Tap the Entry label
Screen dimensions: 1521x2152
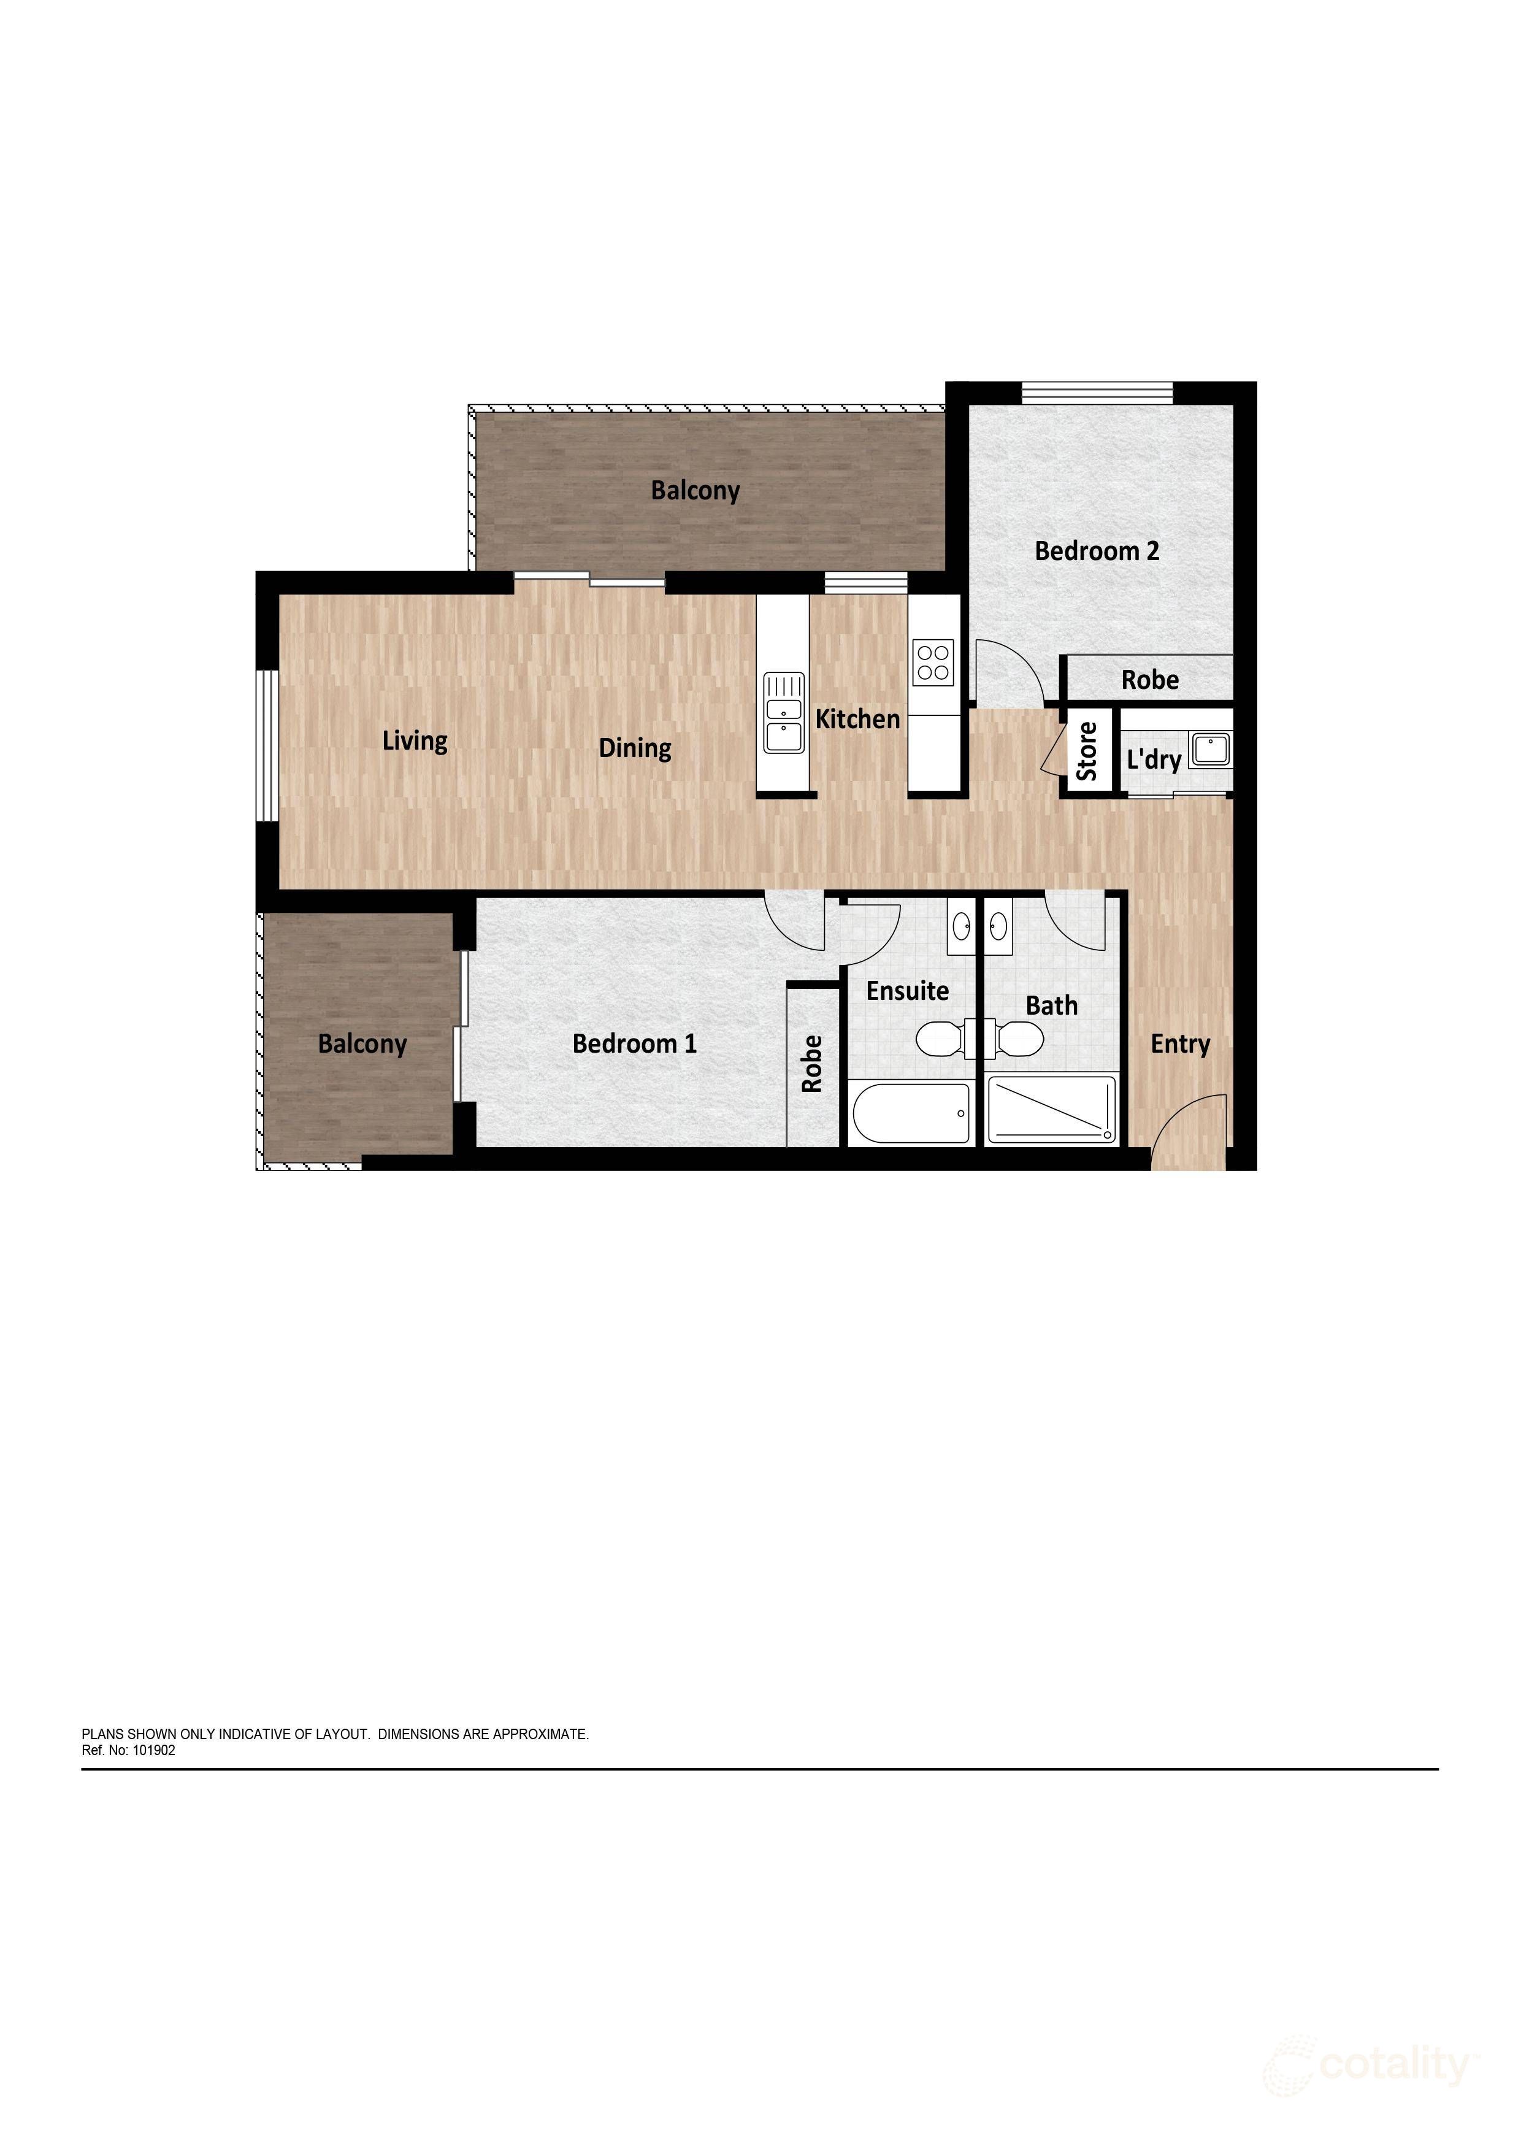tap(1181, 1044)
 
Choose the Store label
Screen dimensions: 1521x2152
tap(1087, 751)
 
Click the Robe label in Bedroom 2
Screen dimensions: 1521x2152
tap(1150, 680)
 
